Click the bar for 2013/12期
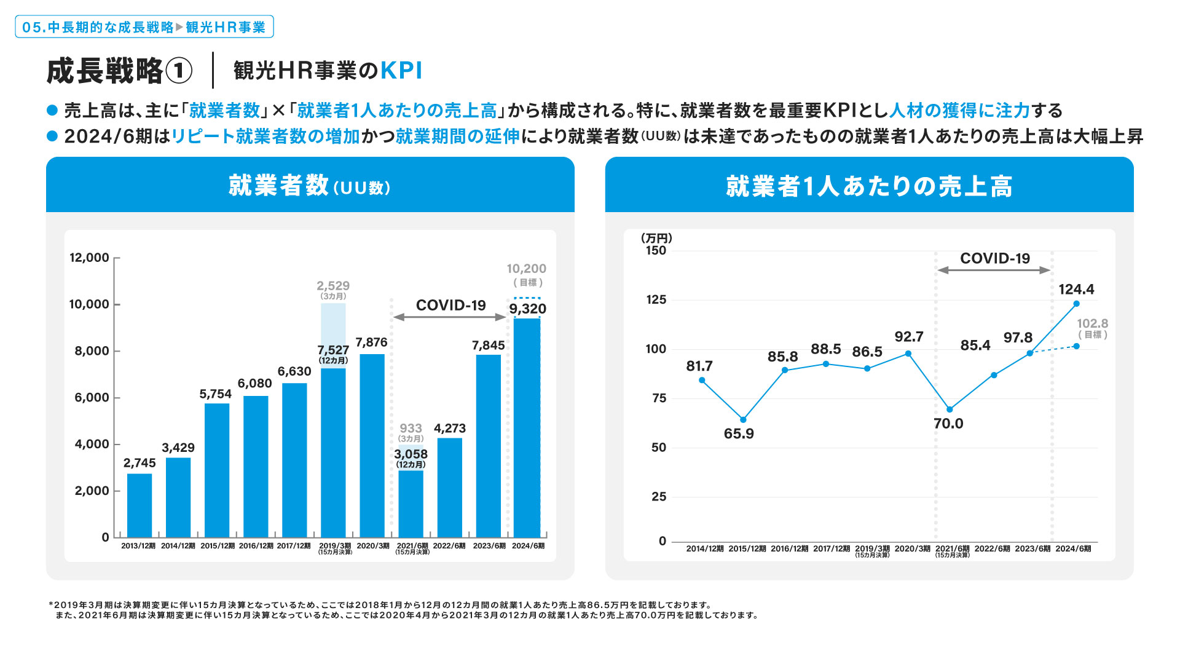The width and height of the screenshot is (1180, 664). [x=140, y=505]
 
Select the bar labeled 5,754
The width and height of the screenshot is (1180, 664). [x=217, y=470]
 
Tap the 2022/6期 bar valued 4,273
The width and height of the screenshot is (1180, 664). [x=449, y=488]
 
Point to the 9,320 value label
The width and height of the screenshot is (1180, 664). [x=527, y=309]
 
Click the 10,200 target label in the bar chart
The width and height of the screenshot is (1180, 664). [x=526, y=269]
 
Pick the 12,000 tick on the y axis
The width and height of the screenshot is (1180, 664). [x=89, y=258]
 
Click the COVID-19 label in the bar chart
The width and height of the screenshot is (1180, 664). [x=450, y=305]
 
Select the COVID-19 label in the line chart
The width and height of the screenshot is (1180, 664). [x=994, y=258]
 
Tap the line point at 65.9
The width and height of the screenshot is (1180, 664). [x=743, y=420]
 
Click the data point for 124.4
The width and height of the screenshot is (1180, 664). [x=1076, y=304]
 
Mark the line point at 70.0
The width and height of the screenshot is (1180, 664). [x=950, y=409]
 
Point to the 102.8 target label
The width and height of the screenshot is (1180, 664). [x=1092, y=323]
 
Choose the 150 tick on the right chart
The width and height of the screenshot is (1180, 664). [x=656, y=251]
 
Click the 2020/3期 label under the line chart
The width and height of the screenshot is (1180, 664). [x=912, y=548]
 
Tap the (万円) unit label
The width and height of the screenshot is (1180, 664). [x=656, y=238]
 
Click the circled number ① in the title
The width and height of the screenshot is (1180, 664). [x=179, y=71]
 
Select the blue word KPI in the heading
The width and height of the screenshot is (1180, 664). [x=401, y=71]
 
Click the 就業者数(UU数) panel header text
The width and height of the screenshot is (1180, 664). [x=310, y=186]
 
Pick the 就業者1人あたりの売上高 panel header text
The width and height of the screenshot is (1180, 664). [x=869, y=186]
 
